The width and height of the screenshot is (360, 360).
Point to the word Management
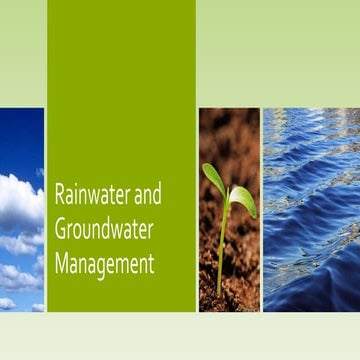[x=104, y=265]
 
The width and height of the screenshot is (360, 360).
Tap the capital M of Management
[x=61, y=265]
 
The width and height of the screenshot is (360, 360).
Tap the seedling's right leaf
[x=243, y=199]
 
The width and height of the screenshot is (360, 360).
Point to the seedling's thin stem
[x=222, y=245]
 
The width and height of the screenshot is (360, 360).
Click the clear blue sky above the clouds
[x=22, y=135]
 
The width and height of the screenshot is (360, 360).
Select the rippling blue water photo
[x=311, y=210]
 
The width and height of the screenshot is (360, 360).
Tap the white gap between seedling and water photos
[x=261, y=210]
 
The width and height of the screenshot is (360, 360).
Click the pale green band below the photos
[x=180, y=335]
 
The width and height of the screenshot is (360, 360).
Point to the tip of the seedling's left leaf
[x=205, y=167]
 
